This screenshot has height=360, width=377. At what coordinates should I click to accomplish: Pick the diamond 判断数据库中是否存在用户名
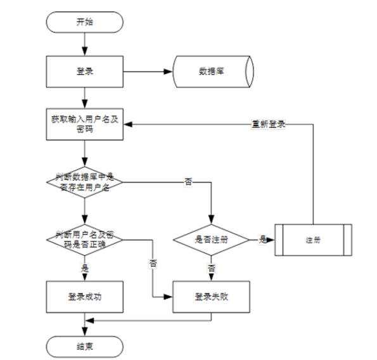pos(84,181)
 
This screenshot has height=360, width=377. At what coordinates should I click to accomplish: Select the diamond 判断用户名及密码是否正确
pos(84,240)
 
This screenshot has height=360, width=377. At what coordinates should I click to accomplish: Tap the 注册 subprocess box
pos(312,240)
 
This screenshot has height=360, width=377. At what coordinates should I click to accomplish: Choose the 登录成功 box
pos(84,296)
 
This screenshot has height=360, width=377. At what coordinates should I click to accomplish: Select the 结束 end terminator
pos(84,345)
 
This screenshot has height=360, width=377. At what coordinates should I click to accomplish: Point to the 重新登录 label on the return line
pos(267,124)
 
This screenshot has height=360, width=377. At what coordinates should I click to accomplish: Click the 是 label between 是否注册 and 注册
pos(262,240)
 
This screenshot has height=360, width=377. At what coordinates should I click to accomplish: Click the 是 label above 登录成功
pos(84,268)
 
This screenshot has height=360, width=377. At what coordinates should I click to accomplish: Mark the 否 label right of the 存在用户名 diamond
pos(188,182)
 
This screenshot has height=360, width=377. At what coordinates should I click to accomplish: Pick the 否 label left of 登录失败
pos(153,262)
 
